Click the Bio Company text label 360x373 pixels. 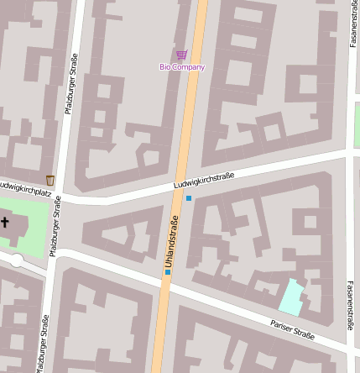[182, 66]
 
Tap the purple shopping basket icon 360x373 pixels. [182, 55]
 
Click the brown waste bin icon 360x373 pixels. [50, 180]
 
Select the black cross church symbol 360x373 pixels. [5, 223]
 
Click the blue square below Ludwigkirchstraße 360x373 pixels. [189, 198]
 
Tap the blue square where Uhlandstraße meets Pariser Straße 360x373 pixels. [167, 271]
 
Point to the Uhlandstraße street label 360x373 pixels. [170, 242]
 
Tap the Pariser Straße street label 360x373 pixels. [292, 329]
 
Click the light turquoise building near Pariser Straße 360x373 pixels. [290, 296]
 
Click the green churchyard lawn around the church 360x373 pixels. [32, 227]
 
